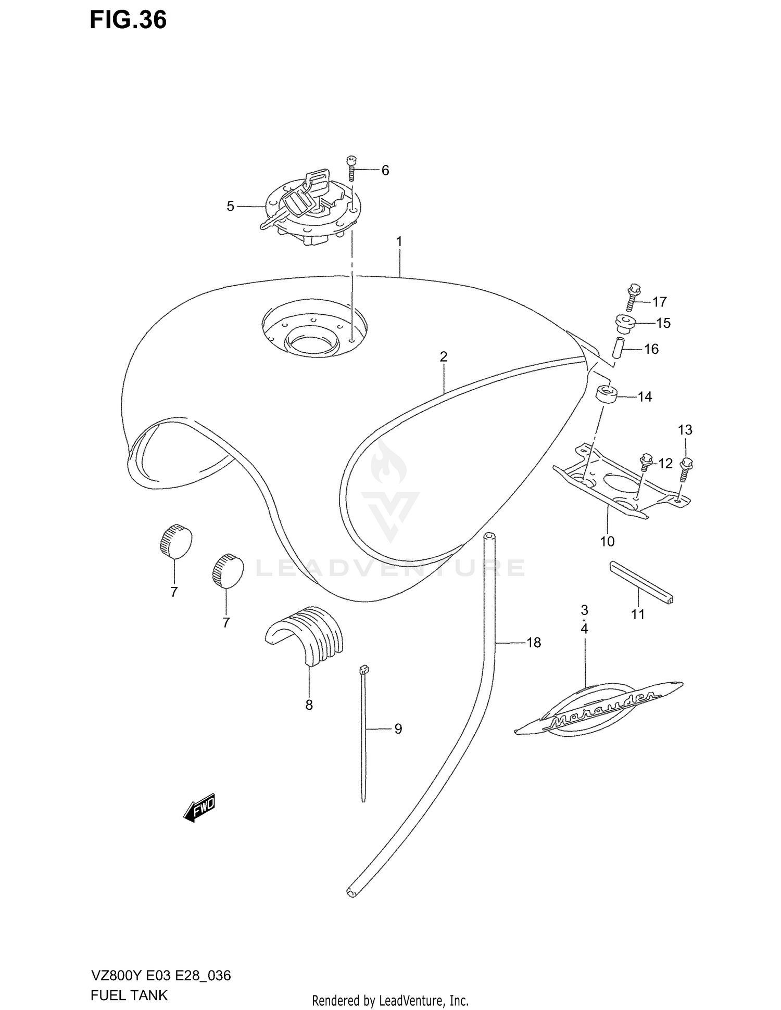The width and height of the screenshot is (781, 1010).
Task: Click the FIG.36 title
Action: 128,20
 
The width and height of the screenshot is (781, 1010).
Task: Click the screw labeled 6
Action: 351,168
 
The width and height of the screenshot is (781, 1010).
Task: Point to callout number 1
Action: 399,242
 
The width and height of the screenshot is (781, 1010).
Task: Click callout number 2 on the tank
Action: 443,357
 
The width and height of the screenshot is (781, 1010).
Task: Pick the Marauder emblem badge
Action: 599,709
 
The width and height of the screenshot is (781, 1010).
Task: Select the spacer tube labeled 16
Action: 618,348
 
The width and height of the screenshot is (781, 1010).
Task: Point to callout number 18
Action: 534,643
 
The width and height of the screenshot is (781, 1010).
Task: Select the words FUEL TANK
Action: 129,994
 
